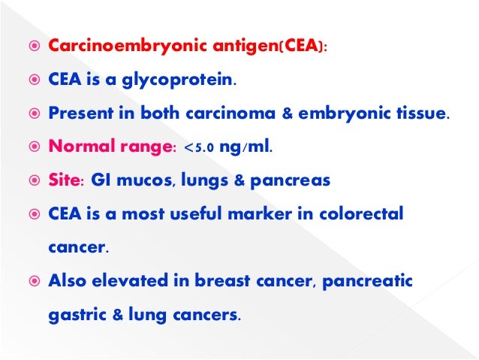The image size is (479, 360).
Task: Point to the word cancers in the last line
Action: pos(209,316)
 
